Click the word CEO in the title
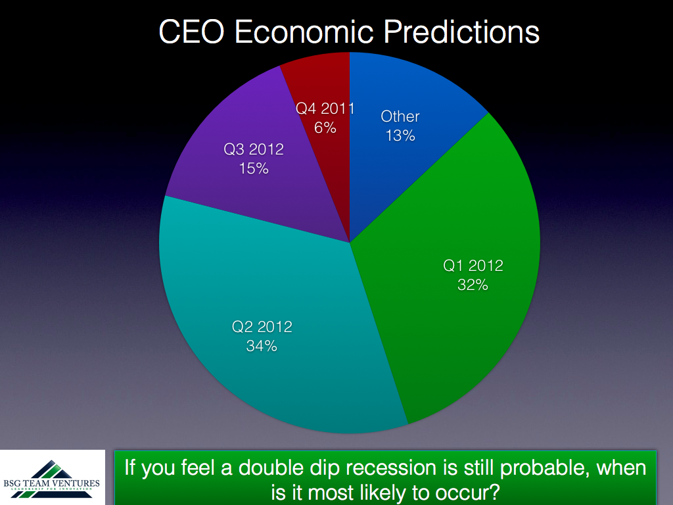coord(191,32)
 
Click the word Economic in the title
coord(304,32)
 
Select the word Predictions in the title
coord(461,32)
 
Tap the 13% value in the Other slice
coord(400,135)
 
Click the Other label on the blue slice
coord(400,116)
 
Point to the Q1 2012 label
coord(473,266)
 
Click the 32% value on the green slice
coord(473,285)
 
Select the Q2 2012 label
coord(262,327)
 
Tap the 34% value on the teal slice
coord(262,346)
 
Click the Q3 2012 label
coord(254,149)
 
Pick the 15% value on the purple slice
coord(254,168)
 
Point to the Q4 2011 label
coord(325,108)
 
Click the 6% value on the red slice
coord(325,128)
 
